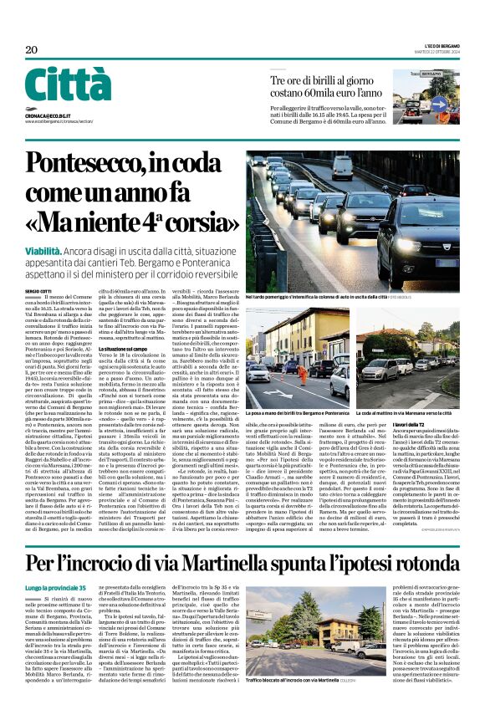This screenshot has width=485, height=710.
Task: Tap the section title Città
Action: (68, 84)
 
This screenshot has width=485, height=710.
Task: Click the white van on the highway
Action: (342, 166)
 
